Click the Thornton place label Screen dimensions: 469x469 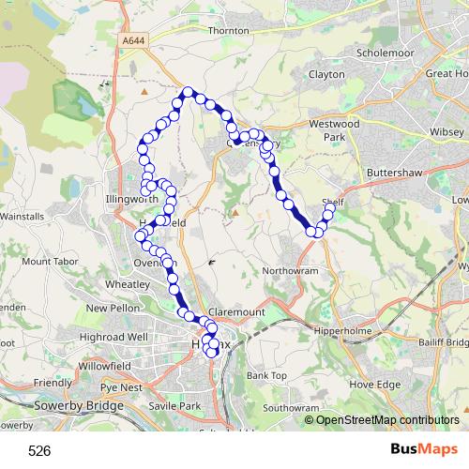pyautogui.click(x=229, y=31)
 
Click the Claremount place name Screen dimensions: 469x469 pyautogui.click(x=235, y=310)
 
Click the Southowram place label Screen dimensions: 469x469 pyautogui.click(x=291, y=409)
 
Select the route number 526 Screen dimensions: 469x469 pyautogui.click(x=39, y=451)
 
